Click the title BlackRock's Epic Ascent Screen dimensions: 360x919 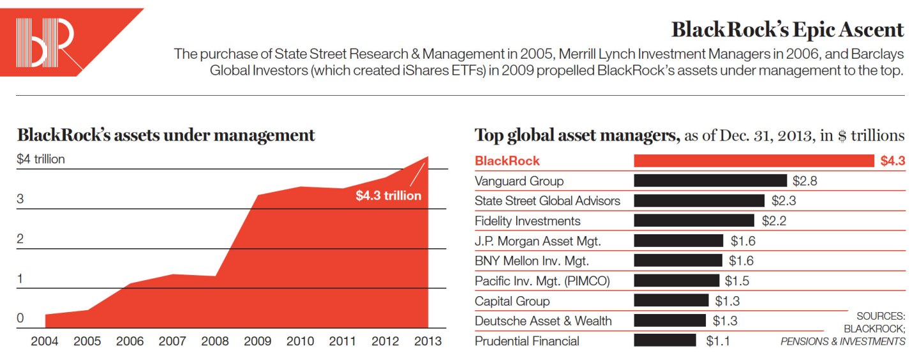[788, 30]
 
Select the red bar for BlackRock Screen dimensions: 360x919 [753, 161]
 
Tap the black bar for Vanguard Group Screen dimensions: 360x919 [710, 181]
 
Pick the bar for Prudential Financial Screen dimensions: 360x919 [664, 341]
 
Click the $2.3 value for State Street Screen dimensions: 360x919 [784, 201]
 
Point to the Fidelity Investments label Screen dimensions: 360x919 [528, 221]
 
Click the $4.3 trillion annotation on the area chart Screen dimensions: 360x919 [388, 196]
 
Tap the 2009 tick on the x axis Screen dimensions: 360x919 [257, 341]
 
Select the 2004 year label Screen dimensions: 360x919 [45, 341]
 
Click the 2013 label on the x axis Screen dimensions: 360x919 [428, 341]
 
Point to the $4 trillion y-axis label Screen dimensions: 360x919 [41, 160]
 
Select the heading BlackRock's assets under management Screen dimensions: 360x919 [166, 135]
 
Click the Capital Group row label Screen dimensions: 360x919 [512, 301]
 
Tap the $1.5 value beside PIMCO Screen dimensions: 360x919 [737, 281]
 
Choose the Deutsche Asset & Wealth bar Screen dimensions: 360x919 [669, 321]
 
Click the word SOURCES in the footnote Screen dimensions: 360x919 [881, 316]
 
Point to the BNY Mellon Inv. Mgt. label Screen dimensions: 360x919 [532, 261]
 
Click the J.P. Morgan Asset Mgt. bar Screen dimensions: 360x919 [678, 241]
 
